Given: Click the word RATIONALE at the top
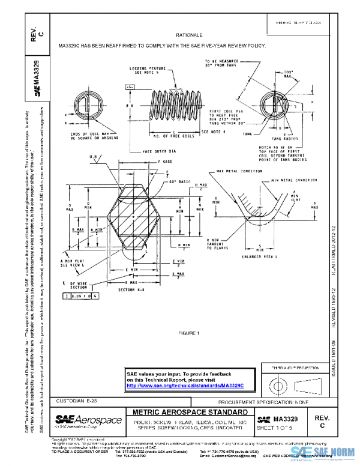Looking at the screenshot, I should (181, 35).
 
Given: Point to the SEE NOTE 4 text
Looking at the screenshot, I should (214, 132).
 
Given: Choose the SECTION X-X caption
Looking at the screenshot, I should (131, 289).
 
